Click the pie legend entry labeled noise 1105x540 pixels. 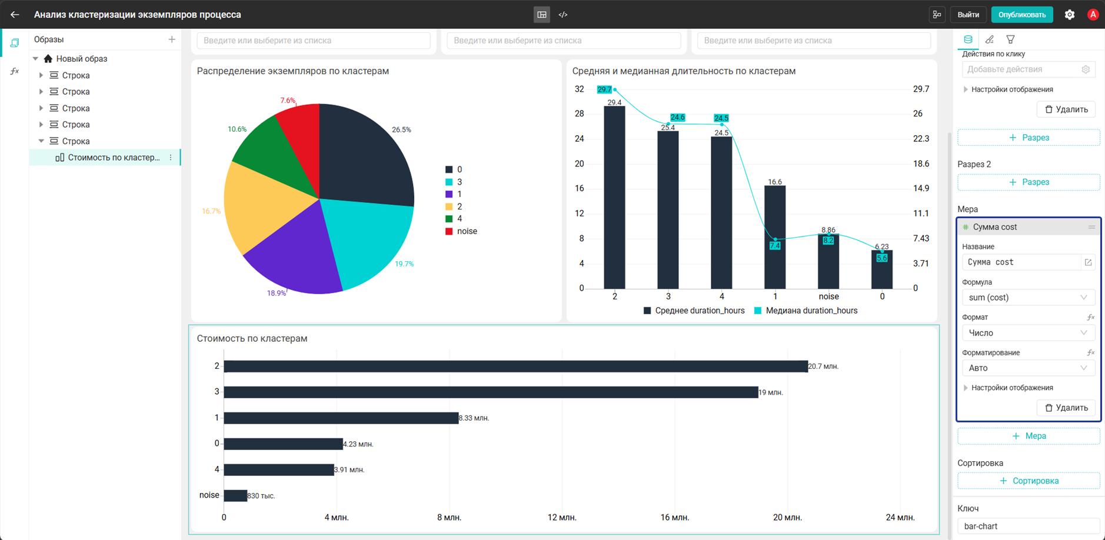point(461,231)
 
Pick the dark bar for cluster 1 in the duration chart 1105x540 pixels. point(775,237)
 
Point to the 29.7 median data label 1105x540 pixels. point(604,89)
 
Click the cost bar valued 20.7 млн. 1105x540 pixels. point(515,366)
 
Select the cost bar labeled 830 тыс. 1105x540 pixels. point(235,496)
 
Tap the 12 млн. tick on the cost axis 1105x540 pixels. point(562,518)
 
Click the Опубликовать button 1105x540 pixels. point(1022,15)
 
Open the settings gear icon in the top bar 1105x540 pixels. point(1070,15)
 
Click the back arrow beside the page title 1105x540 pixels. point(15,15)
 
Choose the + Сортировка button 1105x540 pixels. point(1029,481)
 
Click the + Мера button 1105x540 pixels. point(1029,436)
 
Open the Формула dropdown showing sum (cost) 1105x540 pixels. point(1028,298)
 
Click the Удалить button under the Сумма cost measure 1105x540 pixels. point(1066,408)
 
